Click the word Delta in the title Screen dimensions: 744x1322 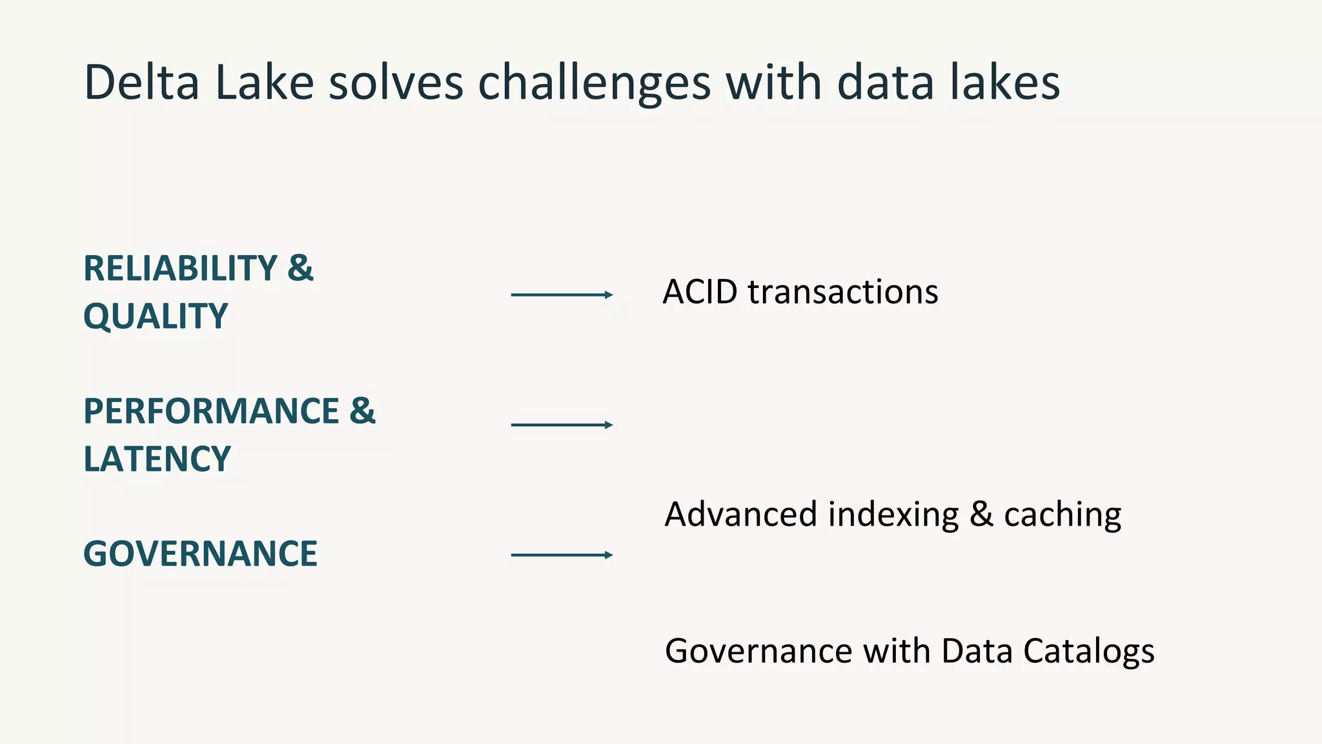(141, 83)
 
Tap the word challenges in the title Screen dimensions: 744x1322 (594, 84)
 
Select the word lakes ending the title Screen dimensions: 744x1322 (1004, 83)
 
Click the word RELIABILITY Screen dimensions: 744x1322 (180, 269)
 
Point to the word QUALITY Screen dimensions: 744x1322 (156, 317)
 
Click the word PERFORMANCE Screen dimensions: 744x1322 (211, 411)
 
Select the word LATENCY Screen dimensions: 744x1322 (157, 459)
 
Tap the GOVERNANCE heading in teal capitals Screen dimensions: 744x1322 (200, 554)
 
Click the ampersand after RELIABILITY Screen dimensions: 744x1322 (300, 268)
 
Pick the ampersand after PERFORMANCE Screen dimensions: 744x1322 (362, 411)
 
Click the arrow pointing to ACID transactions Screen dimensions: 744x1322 (561, 295)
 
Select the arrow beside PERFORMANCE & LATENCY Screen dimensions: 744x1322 (561, 425)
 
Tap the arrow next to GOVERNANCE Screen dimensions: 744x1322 (561, 555)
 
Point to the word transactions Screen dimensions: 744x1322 (843, 292)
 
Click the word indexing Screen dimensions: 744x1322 (893, 515)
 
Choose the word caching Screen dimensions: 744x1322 (1063, 515)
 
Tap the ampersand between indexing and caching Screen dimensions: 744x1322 (981, 515)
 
